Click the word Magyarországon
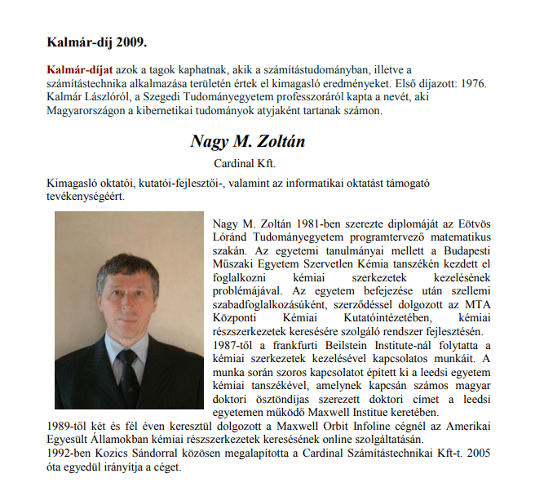[85, 110]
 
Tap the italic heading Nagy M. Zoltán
[248, 141]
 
